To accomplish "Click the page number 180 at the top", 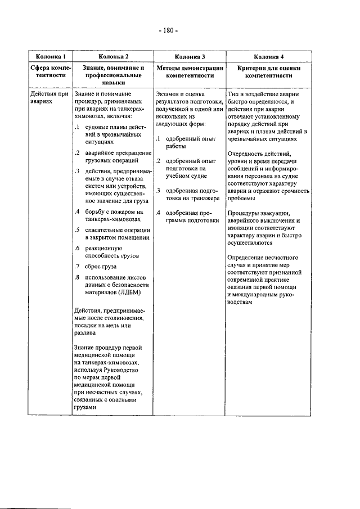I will point(167,30).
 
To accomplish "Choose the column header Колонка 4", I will point(268,57).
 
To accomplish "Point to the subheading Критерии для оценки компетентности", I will point(268,71).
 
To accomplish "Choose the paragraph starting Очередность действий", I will point(268,175).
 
